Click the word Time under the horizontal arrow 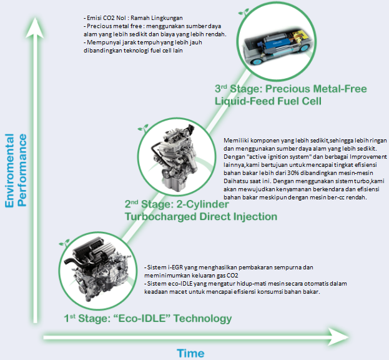(190, 353)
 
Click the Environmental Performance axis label (16, 171)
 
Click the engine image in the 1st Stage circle (97, 270)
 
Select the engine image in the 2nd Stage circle (175, 157)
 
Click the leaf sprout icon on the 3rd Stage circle (244, 12)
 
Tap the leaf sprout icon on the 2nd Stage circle (143, 128)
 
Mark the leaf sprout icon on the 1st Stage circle (64, 243)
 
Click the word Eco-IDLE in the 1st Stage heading (144, 318)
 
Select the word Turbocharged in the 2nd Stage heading (160, 217)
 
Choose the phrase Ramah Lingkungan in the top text (157, 18)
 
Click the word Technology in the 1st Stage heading (202, 319)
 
